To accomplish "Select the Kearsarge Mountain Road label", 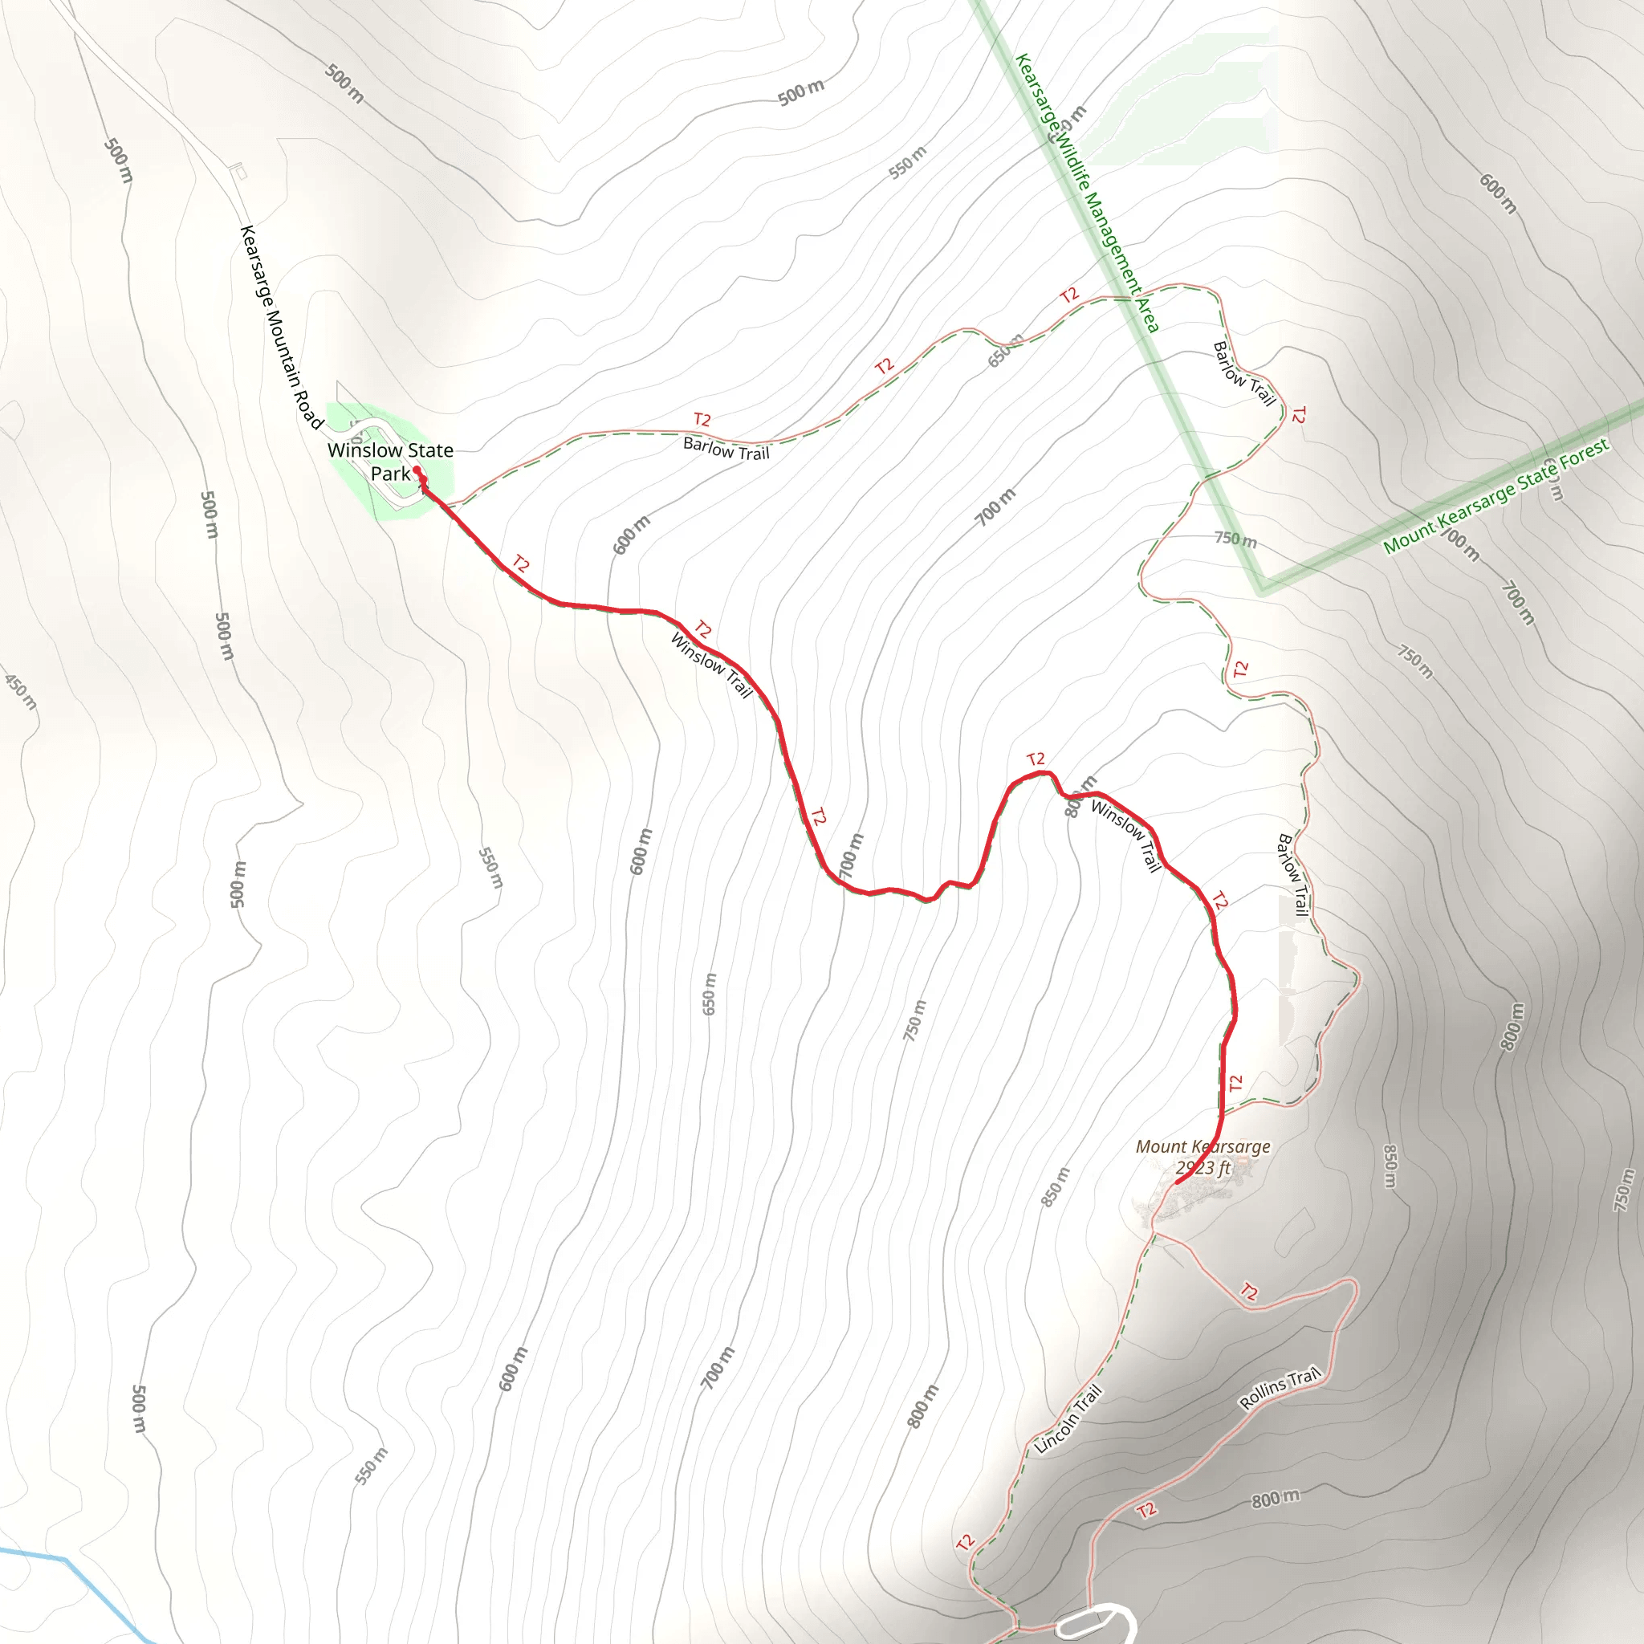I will tap(281, 328).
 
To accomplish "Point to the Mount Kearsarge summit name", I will tap(1202, 1147).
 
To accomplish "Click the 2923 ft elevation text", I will tap(1203, 1168).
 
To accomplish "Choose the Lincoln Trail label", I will tap(1068, 1419).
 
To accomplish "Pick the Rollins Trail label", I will tap(1279, 1388).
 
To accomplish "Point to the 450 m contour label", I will tap(20, 691).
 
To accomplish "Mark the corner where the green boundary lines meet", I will tap(1263, 587).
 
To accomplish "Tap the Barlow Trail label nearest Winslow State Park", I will tap(726, 449).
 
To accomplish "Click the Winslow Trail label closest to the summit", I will tap(1125, 836).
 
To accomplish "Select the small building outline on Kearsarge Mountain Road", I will tap(240, 172).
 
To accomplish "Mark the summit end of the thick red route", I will tap(1177, 1182).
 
